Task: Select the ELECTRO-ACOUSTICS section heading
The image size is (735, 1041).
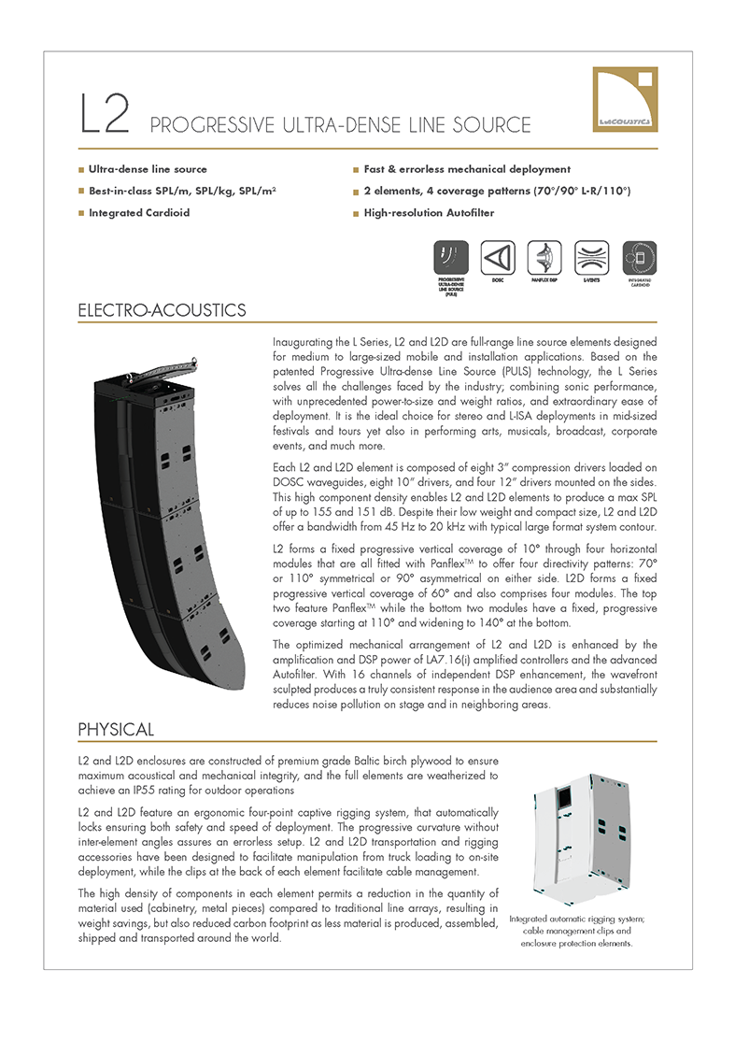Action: click(x=163, y=310)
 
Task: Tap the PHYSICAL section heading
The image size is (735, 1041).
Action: click(x=116, y=728)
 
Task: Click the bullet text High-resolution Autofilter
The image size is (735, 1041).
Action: click(x=429, y=213)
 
